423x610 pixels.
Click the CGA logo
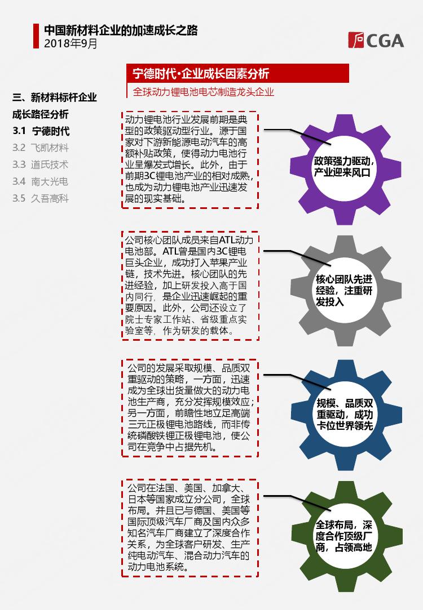(x=376, y=41)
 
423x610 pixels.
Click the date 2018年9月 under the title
(x=70, y=43)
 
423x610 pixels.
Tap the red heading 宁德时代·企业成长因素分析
(x=201, y=73)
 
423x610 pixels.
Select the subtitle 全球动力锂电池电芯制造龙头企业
(x=203, y=92)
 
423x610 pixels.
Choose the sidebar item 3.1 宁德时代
(x=41, y=131)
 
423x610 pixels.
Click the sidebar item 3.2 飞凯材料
(x=41, y=148)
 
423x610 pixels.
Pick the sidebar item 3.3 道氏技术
(x=41, y=164)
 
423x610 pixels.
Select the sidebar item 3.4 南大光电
(x=41, y=181)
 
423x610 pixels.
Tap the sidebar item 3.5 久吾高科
(x=41, y=198)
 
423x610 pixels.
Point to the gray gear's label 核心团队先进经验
(x=344, y=285)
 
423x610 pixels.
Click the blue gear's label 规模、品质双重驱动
(x=345, y=409)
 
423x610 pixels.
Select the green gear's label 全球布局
(x=334, y=525)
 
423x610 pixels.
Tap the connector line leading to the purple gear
(x=297, y=136)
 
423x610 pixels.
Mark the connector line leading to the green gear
(x=297, y=503)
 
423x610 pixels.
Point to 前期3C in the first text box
(x=140, y=176)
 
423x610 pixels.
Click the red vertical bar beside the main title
(x=36, y=36)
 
